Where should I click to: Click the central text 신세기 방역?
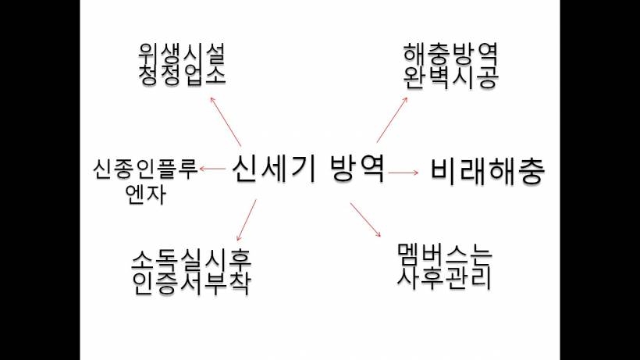coord(308,169)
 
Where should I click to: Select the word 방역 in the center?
coord(357,169)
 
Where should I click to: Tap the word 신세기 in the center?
coord(274,169)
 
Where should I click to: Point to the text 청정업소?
coord(182,75)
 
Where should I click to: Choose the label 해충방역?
coord(450,55)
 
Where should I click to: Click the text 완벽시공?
coord(450,77)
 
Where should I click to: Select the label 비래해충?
coord(488,172)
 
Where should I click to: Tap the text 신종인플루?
coord(145,169)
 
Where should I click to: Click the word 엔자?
coord(146,194)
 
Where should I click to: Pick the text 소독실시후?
coord(191,260)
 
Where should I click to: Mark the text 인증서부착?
coord(191,283)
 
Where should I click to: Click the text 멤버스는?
coord(445,256)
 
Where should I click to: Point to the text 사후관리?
coord(445,278)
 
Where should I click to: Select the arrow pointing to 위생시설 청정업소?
coord(226,122)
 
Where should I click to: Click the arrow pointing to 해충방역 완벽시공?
coord(392,120)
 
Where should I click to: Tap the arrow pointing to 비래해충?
coord(404,173)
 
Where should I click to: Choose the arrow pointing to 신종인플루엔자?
coord(212,169)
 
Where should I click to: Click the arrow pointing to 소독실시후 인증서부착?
coord(247,220)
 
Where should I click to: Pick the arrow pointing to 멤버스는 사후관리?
coord(365,219)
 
